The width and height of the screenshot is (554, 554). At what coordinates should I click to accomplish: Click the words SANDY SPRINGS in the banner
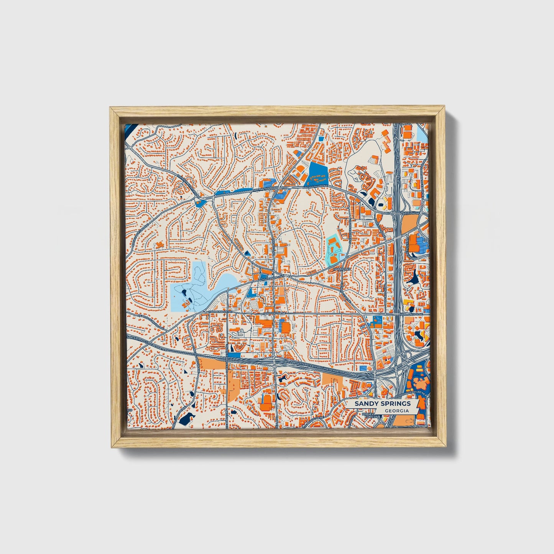pos(382,403)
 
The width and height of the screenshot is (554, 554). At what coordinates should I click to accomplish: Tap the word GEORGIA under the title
pos(396,411)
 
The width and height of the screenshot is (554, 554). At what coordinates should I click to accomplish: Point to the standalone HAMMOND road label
pos(342,270)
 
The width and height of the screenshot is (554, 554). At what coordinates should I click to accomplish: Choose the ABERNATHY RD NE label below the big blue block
pos(316,187)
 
